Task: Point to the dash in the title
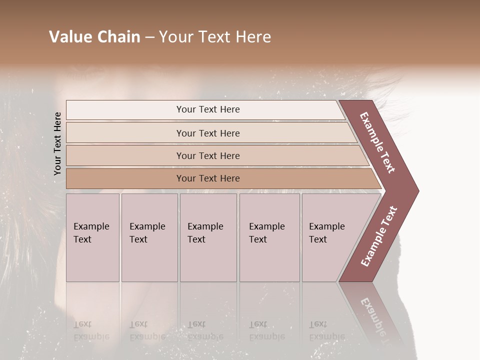[149, 37]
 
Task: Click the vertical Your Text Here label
[57, 143]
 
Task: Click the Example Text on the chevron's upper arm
[377, 142]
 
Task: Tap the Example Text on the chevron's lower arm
[379, 236]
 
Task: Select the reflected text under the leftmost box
[91, 330]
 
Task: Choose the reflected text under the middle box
[205, 330]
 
